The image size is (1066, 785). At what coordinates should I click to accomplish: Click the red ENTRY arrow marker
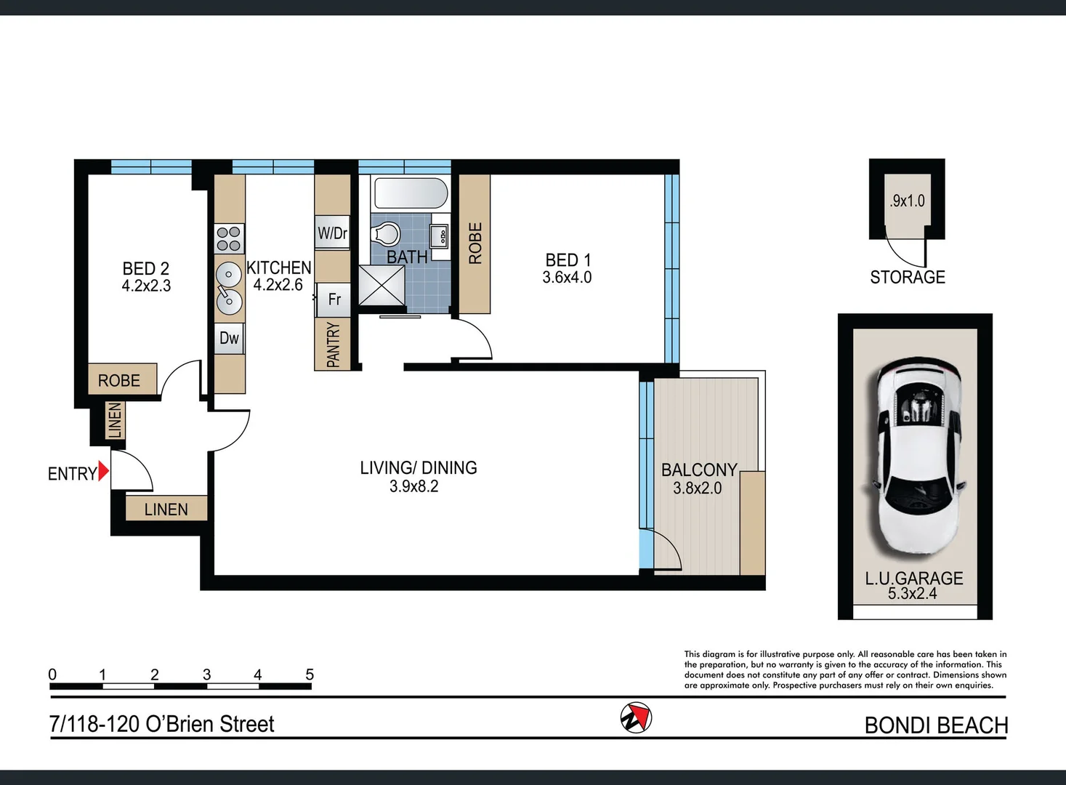pyautogui.click(x=103, y=471)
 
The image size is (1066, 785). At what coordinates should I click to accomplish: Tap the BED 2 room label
pyautogui.click(x=146, y=269)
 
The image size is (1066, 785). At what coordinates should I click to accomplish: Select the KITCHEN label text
pyautogui.click(x=279, y=267)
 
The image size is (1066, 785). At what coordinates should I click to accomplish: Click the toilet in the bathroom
pyautogui.click(x=386, y=234)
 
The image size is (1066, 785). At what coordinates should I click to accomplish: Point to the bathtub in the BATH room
pyautogui.click(x=410, y=194)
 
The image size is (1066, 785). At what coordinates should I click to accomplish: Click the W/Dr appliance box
pyautogui.click(x=332, y=233)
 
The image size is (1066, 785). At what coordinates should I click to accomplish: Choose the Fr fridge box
pyautogui.click(x=334, y=299)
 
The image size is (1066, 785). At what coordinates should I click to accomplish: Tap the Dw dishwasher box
pyautogui.click(x=229, y=338)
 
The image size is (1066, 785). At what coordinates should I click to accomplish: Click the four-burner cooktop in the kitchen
pyautogui.click(x=229, y=238)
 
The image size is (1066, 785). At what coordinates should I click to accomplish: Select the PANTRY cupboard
pyautogui.click(x=333, y=345)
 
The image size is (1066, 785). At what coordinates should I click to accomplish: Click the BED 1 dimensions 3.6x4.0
pyautogui.click(x=567, y=278)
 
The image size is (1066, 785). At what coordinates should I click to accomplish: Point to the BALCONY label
pyautogui.click(x=699, y=470)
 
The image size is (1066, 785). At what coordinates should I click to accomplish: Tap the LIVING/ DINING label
pyautogui.click(x=419, y=468)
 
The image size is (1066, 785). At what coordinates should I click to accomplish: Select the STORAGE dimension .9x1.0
pyautogui.click(x=908, y=201)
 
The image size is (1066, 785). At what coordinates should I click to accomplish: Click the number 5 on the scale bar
pyautogui.click(x=310, y=675)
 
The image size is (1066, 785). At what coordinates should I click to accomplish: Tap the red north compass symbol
pyautogui.click(x=636, y=717)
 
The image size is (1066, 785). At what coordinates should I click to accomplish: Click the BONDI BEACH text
pyautogui.click(x=936, y=725)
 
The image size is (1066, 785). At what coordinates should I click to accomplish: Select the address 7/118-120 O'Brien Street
pyautogui.click(x=161, y=724)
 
